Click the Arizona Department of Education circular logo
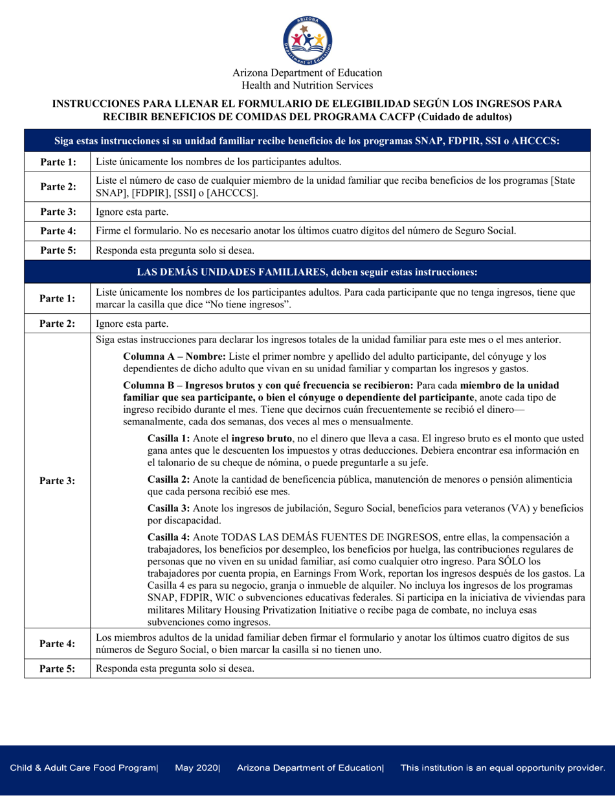(x=307, y=39)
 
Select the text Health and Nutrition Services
(x=307, y=85)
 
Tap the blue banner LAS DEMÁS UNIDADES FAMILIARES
(x=307, y=270)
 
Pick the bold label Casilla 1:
(x=170, y=438)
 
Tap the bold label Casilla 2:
(x=170, y=480)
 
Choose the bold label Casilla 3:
(x=170, y=508)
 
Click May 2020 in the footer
(x=197, y=768)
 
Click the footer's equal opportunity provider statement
(x=502, y=768)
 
